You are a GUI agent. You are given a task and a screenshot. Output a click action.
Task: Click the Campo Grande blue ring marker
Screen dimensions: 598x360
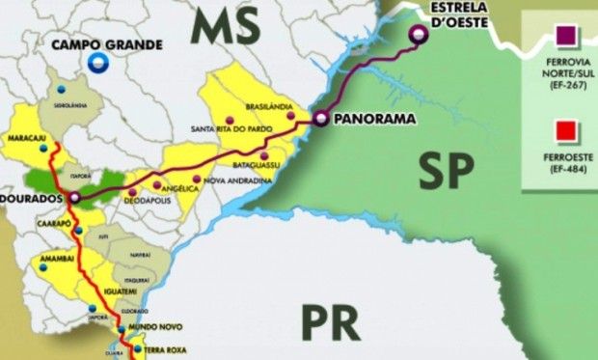97,64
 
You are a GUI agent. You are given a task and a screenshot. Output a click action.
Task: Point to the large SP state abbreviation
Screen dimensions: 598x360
448,171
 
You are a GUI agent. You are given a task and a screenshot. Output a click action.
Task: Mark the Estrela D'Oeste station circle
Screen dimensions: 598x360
418,37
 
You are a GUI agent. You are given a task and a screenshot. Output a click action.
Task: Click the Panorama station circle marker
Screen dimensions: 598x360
318,119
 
